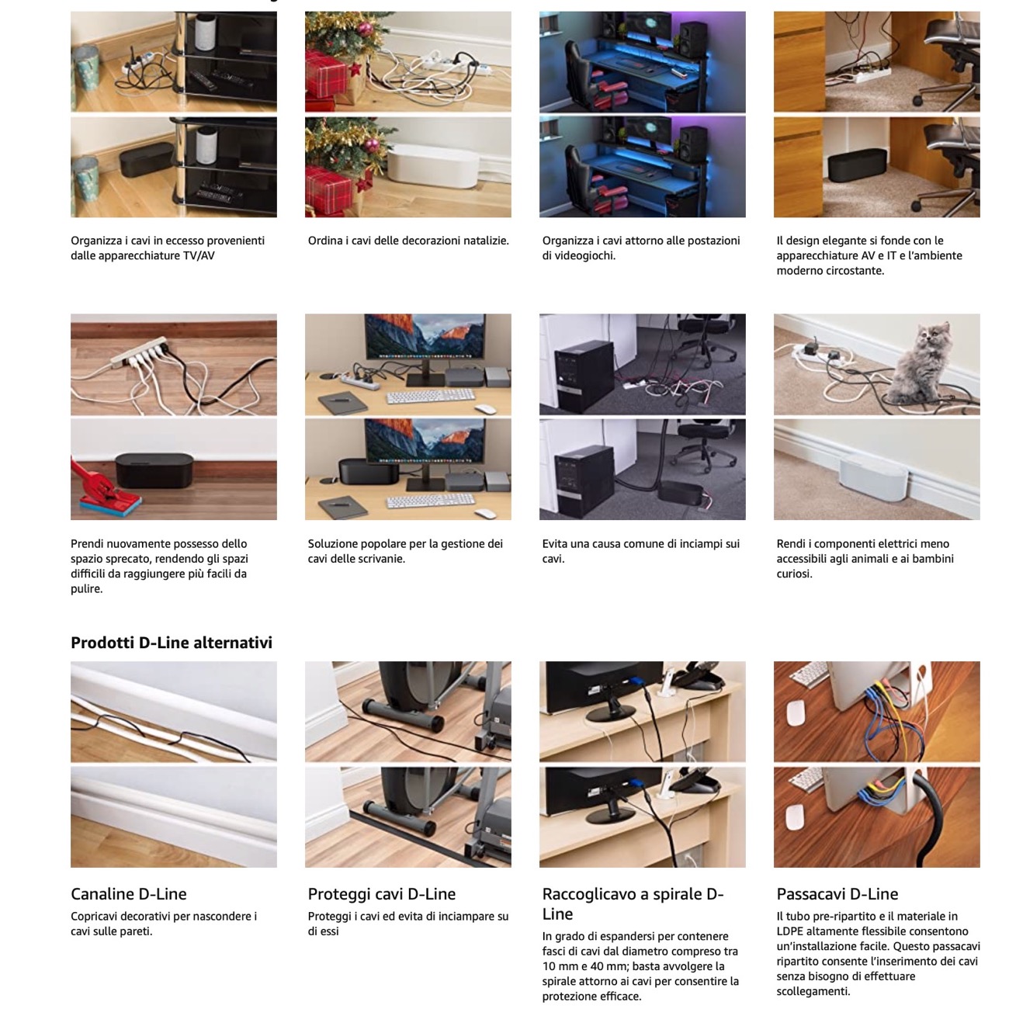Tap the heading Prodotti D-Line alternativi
[172, 643]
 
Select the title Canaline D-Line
[128, 894]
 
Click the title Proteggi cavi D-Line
[382, 894]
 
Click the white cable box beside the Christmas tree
[432, 167]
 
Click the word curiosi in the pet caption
[794, 574]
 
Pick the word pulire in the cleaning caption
[86, 588]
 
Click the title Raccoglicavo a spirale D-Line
[633, 903]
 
